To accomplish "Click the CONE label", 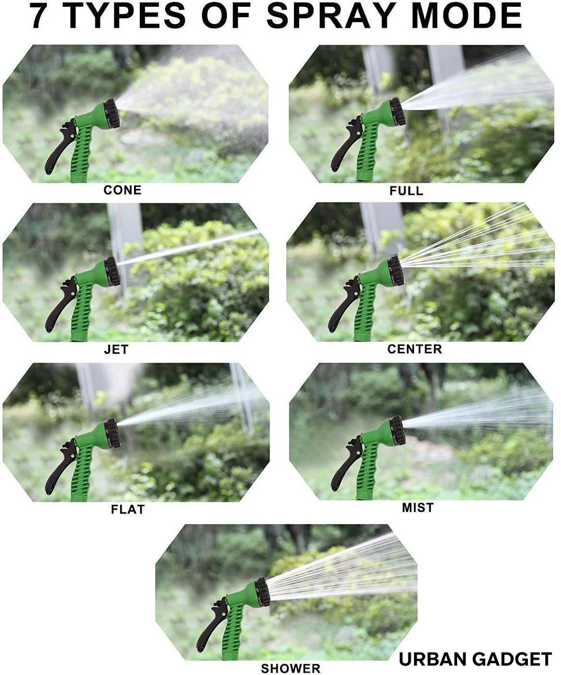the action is click(123, 190).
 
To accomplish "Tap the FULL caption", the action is click(406, 191).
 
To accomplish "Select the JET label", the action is click(116, 350).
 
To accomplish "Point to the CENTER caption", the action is click(415, 349).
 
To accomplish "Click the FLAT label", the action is click(128, 509).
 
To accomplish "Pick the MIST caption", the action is click(418, 508).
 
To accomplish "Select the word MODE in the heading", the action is click(466, 16).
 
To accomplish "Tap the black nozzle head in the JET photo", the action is click(112, 271).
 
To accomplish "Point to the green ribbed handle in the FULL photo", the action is click(366, 152).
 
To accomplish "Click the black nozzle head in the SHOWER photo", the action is click(262, 593).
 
